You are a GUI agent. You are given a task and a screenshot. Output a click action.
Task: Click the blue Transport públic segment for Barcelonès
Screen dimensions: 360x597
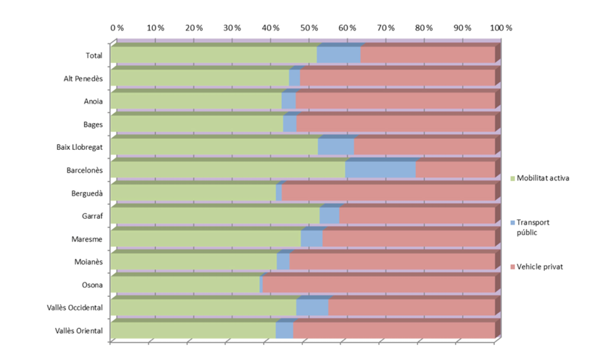(x=380, y=169)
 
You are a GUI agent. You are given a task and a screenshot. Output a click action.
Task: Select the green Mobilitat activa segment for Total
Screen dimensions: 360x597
(x=214, y=54)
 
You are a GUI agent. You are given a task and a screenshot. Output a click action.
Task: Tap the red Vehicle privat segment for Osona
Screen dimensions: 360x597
(x=378, y=285)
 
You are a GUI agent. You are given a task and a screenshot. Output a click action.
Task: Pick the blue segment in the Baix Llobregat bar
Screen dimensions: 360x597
(x=336, y=146)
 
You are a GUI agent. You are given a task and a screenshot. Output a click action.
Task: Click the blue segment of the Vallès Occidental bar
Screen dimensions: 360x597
(x=312, y=308)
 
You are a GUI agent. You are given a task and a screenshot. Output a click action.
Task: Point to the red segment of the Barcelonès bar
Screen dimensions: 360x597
(x=455, y=169)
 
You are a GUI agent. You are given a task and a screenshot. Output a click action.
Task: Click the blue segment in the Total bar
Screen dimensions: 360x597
(x=339, y=54)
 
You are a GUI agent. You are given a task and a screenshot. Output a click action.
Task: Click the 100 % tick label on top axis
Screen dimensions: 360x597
(x=501, y=28)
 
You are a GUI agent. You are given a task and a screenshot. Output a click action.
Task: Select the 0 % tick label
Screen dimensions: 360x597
(x=117, y=28)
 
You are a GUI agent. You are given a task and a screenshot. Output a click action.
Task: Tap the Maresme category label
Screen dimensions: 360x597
(x=88, y=239)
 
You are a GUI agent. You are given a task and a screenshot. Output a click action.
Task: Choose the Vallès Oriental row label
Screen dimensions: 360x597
(x=79, y=331)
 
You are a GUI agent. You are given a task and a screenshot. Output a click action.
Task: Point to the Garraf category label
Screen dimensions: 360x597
(x=91, y=216)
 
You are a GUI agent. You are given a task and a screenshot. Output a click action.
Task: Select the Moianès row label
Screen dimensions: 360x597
(x=88, y=262)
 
